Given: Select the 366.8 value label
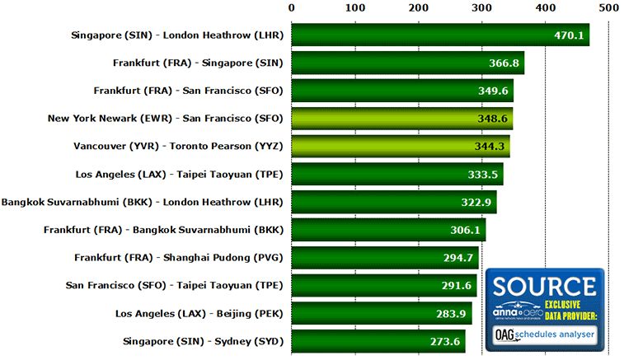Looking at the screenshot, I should click(500, 63).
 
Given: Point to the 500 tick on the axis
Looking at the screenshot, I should click(608, 7).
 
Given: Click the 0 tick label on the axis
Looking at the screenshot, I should click(292, 7).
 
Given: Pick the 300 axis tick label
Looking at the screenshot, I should click(481, 7).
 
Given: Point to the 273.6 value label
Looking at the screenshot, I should click(443, 342).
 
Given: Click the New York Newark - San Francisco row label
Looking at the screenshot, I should click(165, 119).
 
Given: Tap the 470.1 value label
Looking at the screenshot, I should click(567, 35).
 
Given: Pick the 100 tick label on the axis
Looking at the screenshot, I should click(354, 7).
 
